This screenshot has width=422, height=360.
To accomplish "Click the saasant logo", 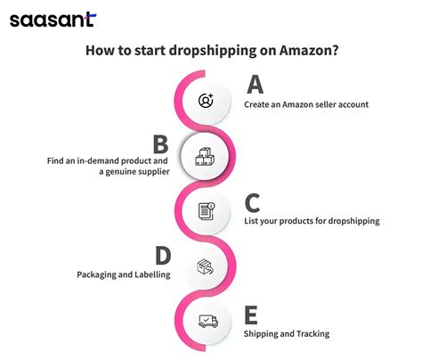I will point(53,19).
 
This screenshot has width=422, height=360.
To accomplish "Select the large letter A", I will point(255,86).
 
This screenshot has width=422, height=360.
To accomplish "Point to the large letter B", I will point(161,144).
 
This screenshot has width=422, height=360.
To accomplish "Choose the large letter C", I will point(254,202).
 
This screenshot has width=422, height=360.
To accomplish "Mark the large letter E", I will point(252,315).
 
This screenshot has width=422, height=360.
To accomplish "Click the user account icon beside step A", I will point(207,100).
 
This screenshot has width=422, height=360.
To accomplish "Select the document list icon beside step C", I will point(207,211).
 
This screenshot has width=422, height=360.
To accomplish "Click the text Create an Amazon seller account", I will point(306,105).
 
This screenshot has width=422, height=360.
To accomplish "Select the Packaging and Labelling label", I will point(123,275).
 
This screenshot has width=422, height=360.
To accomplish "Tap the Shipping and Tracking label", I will point(286,334).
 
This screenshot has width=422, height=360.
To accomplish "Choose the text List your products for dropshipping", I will point(311,220).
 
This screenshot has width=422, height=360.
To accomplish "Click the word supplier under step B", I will point(151,170).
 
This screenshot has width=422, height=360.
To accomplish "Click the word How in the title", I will point(99,51).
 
